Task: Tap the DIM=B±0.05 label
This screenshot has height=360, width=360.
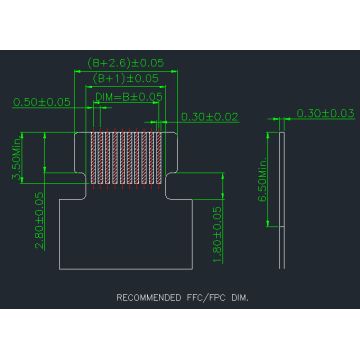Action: [129, 96]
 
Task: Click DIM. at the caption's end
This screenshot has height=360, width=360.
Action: [238, 298]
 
